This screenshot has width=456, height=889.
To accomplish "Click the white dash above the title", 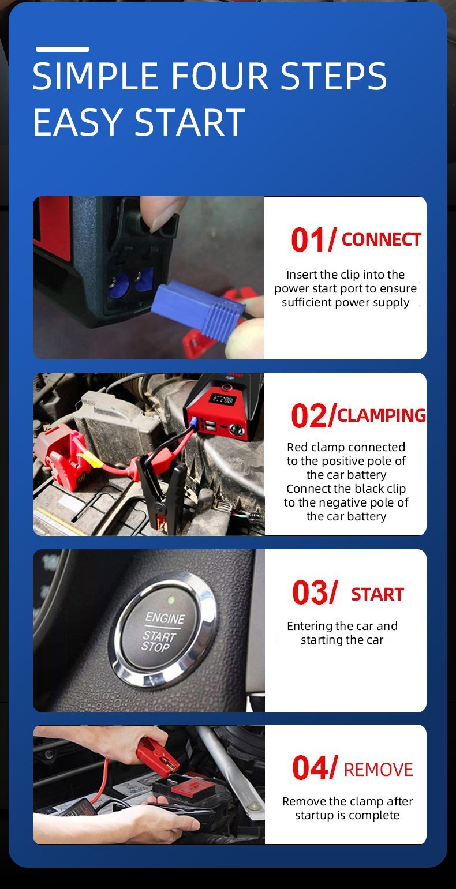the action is tap(62, 49).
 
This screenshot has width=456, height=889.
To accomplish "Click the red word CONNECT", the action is tap(381, 240).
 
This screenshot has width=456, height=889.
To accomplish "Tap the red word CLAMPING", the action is tap(382, 415).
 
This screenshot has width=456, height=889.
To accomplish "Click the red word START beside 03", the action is tap(377, 595).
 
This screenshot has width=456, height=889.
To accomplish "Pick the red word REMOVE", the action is tap(378, 770).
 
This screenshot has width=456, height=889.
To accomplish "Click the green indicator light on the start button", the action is tap(171, 599).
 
